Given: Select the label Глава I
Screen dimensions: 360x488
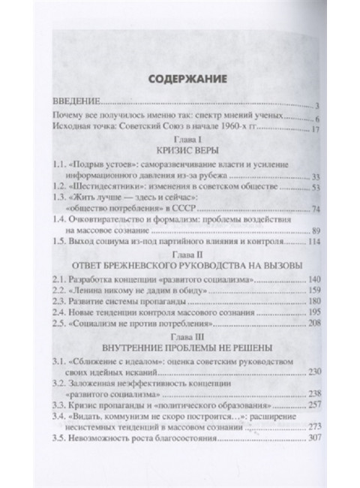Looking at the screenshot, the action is click(x=180, y=140).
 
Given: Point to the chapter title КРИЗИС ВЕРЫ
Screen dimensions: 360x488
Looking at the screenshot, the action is click(x=180, y=152).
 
